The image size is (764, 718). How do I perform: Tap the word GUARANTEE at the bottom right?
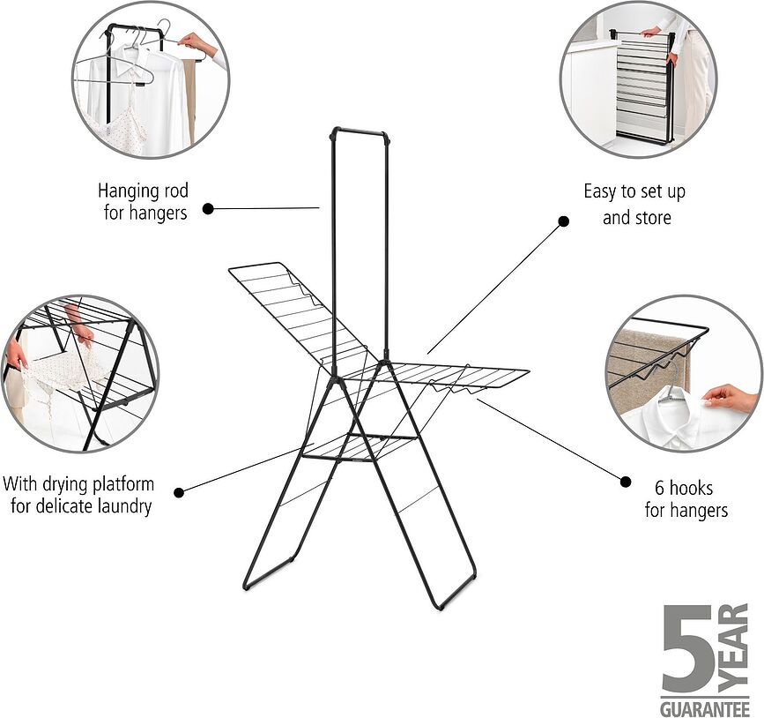[705, 708]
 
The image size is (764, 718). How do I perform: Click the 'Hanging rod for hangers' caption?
[143, 202]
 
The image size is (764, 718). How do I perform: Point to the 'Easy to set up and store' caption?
[634, 204]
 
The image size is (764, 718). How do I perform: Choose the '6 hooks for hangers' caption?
[686, 498]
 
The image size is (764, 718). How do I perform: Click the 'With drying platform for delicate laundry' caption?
[78, 495]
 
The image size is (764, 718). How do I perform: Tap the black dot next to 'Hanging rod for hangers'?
[208, 209]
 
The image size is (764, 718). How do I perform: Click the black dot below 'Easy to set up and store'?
[564, 223]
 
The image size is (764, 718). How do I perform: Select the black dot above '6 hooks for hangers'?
[626, 482]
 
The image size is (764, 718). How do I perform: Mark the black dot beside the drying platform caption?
[179, 492]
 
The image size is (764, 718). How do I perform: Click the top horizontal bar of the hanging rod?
[360, 132]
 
